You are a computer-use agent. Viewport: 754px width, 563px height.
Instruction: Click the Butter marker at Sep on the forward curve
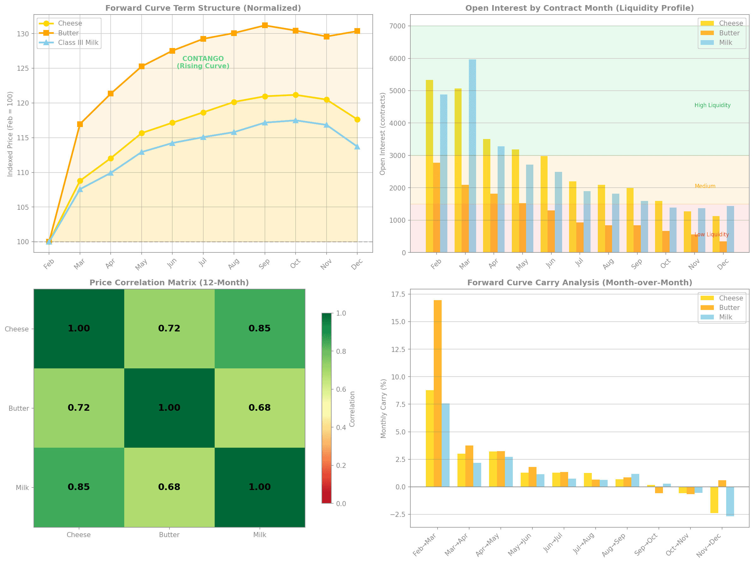[x=265, y=25]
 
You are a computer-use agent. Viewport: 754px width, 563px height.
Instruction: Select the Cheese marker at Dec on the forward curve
[x=357, y=119]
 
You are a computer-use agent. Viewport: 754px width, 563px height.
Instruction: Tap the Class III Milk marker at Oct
[x=296, y=121]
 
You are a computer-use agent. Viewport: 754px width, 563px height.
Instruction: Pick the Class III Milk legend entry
[x=78, y=43]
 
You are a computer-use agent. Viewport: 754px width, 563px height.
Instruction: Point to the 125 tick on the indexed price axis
[x=23, y=69]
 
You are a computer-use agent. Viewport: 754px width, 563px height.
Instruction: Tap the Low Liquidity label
[x=711, y=234]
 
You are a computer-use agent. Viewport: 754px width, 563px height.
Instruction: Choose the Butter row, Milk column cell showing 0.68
[x=260, y=408]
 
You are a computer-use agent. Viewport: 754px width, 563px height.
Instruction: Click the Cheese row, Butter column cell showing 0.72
[x=169, y=328]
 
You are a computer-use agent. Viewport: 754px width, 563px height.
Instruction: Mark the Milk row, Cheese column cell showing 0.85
[x=79, y=487]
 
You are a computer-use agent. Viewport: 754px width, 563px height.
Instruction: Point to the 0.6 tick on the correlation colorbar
[x=341, y=389]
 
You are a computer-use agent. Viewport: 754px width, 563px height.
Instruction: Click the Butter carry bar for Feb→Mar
[x=438, y=393]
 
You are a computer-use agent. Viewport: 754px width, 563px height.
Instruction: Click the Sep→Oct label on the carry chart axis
[x=646, y=545]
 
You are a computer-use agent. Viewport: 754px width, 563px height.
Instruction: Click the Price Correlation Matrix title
[x=169, y=283]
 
